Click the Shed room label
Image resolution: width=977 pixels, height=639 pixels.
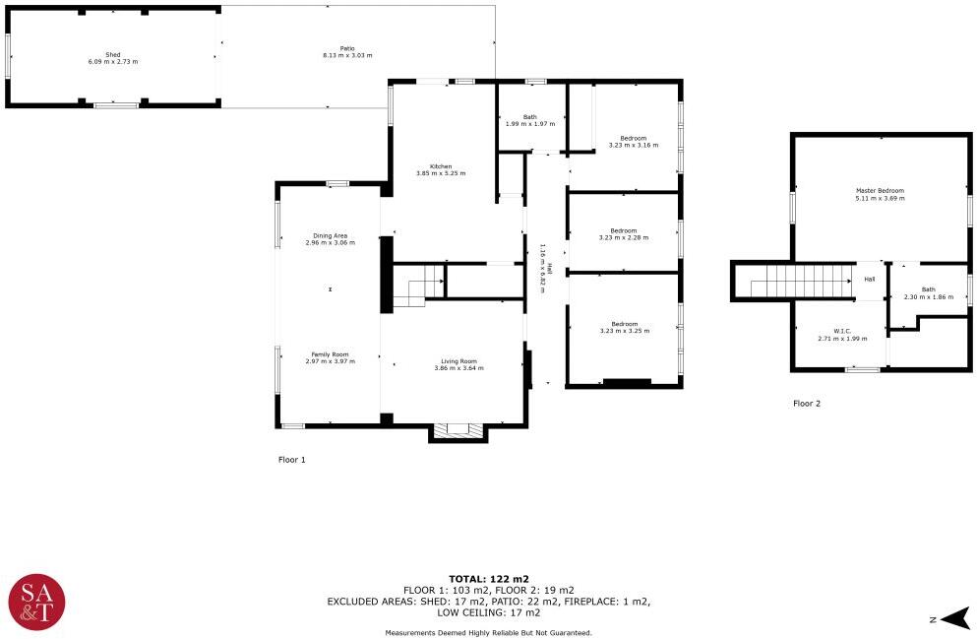coord(113,55)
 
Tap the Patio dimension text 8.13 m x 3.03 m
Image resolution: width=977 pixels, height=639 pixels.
coord(347,55)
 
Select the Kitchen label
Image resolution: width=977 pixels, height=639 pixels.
coord(441,166)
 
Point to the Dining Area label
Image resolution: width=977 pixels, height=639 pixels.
coord(331,235)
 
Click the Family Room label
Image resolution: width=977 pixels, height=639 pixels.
coord(331,354)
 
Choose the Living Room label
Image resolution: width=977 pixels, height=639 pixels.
coord(459,361)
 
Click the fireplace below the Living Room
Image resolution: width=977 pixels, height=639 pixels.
coord(458,431)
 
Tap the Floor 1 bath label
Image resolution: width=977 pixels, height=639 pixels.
coord(530,116)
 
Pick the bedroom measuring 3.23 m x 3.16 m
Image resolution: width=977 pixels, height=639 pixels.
coord(633,138)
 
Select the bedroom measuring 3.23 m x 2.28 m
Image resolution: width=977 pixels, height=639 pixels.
coord(624,230)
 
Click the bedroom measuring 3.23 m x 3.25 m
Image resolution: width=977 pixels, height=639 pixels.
coord(625,324)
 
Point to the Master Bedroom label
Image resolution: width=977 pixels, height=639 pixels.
coord(880,191)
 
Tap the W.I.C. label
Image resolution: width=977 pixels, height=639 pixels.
coord(842,331)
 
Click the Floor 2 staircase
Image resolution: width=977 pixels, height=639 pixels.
coord(802,282)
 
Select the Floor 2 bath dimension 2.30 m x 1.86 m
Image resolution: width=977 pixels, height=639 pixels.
coord(929,296)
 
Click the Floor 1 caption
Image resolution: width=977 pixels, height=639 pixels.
coord(291,460)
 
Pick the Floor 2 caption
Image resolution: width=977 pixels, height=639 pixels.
coord(807,404)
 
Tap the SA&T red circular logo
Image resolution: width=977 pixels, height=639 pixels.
coord(36,603)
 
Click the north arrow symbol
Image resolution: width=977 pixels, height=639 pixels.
coord(956,619)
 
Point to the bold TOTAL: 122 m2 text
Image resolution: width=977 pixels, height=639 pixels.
coord(488,579)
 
